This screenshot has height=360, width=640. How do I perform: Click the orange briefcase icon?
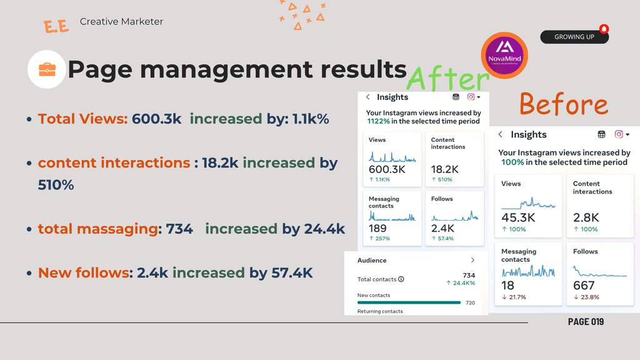[x=47, y=69]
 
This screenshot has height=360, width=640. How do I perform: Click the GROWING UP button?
[x=574, y=37]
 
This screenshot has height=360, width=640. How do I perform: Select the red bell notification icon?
[x=604, y=29]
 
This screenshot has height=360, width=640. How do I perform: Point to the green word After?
[x=447, y=79]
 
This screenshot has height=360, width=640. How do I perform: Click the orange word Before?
[x=564, y=104]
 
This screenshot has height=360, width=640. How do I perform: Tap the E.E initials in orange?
[x=56, y=27]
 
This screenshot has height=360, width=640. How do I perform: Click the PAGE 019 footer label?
[x=586, y=321]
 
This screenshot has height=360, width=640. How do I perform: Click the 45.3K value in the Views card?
[x=518, y=217]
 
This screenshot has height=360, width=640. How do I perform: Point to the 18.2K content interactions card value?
[x=445, y=169]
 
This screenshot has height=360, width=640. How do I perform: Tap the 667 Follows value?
[x=584, y=285]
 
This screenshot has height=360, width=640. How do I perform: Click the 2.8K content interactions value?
[x=586, y=217]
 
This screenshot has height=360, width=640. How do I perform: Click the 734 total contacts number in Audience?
[x=468, y=276]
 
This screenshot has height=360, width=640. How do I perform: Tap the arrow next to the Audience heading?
[x=472, y=260]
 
